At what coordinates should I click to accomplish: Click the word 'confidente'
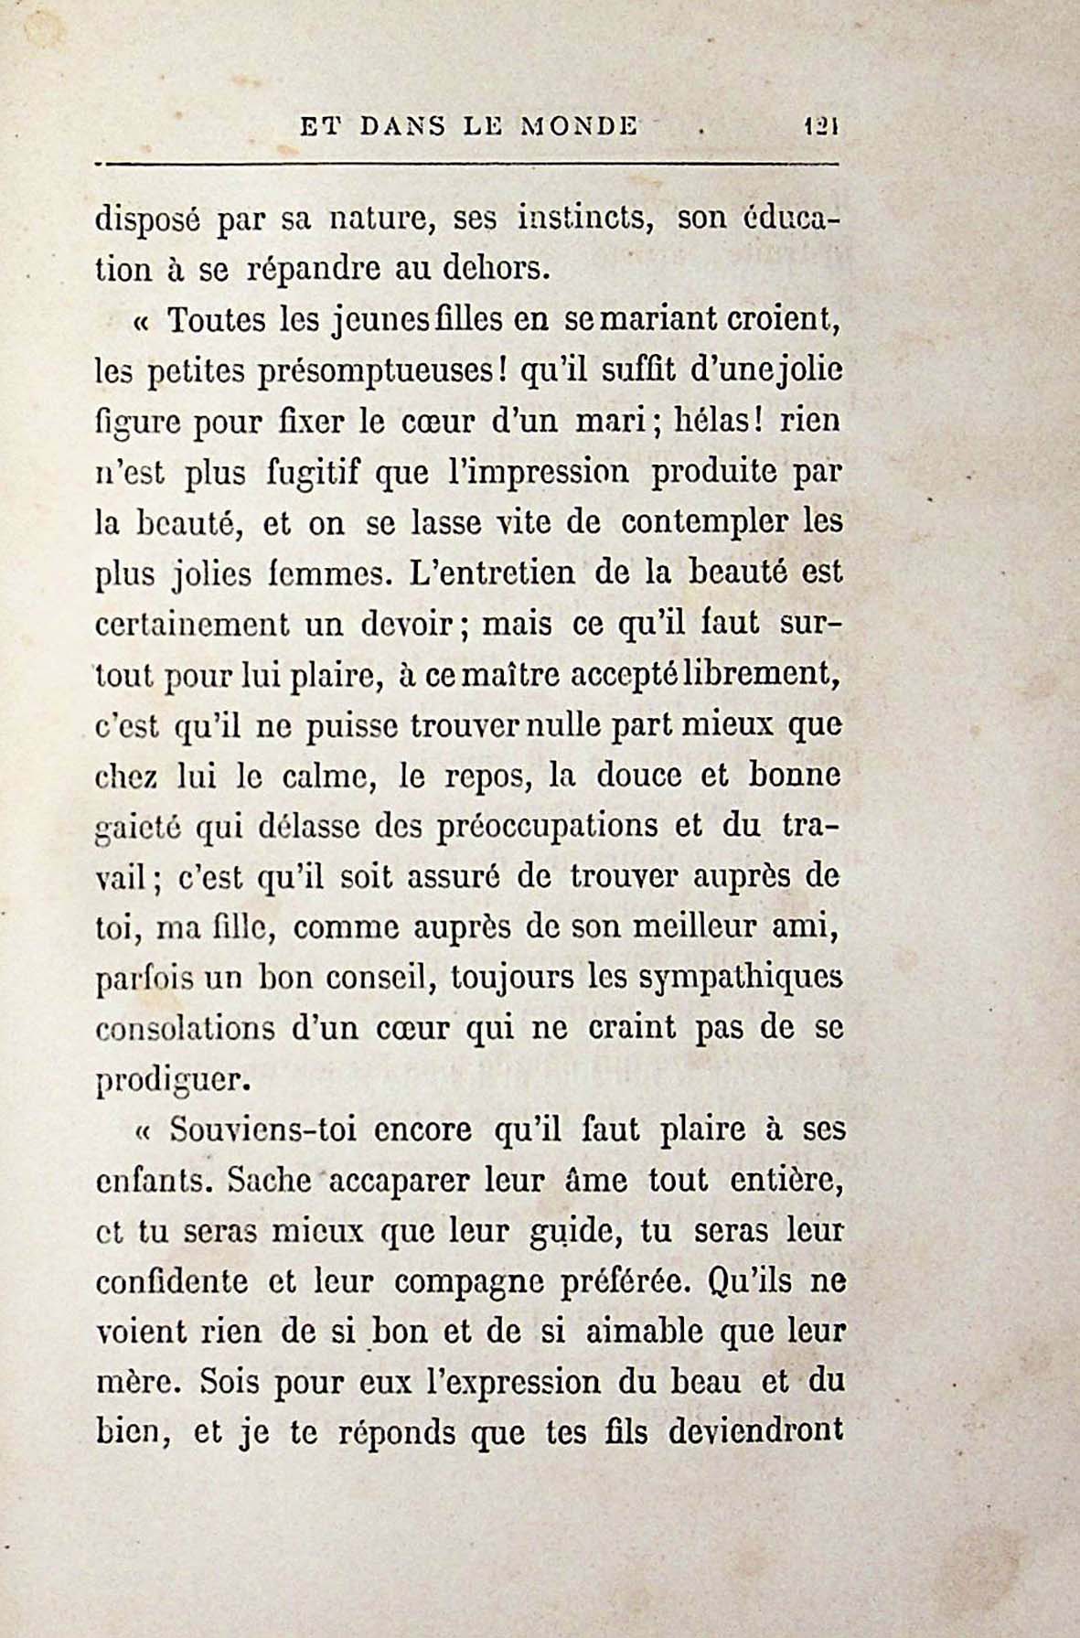point(172,1281)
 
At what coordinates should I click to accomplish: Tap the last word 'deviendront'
point(755,1430)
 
